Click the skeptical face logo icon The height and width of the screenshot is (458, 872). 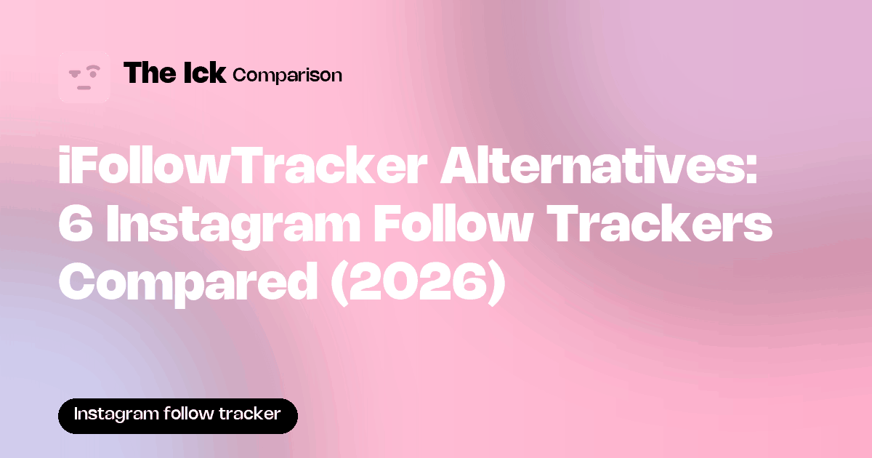coord(84,77)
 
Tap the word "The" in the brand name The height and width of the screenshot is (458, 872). coord(150,73)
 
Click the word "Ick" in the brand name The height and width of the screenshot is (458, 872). coord(205,73)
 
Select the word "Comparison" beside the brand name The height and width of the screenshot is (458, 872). coord(287,76)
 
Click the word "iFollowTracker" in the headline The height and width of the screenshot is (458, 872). coord(243,166)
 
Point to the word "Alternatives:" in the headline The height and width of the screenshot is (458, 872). coord(599,166)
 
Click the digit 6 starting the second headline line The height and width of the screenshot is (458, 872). coord(76,224)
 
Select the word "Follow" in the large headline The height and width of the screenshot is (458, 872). coord(453,224)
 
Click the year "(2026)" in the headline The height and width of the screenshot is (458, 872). coord(418,284)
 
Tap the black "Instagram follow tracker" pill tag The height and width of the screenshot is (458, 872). coord(178,416)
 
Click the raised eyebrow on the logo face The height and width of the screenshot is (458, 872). coord(93,68)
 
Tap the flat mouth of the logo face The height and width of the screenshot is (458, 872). coord(84,88)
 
